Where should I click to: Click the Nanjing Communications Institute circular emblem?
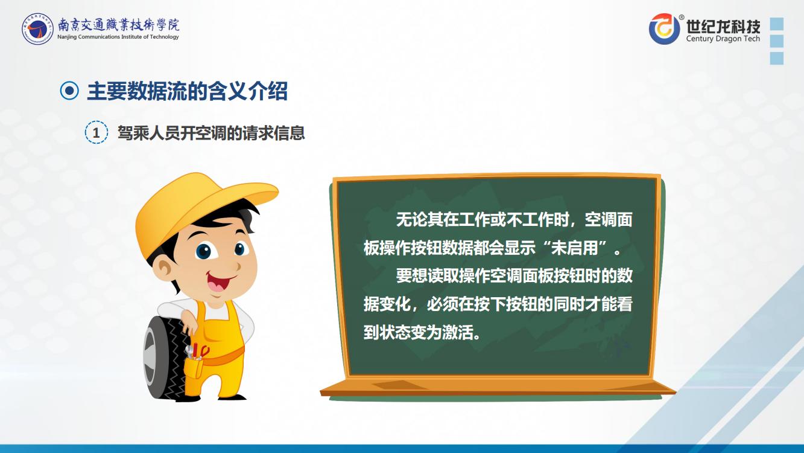[x=37, y=29]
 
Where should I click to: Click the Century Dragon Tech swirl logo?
[x=664, y=29]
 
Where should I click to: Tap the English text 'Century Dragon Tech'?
[x=723, y=39]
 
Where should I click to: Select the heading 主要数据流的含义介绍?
[x=187, y=91]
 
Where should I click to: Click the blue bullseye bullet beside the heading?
[x=69, y=91]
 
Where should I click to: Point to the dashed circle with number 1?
[x=96, y=132]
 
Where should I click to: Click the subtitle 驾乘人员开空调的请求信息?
[x=211, y=133]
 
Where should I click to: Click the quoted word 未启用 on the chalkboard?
[x=574, y=248]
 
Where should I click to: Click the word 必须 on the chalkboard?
[x=442, y=304]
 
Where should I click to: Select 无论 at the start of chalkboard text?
[x=411, y=219]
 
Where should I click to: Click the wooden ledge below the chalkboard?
[x=498, y=388]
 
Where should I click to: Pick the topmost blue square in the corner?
[x=777, y=24]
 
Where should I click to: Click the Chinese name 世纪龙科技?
[x=723, y=26]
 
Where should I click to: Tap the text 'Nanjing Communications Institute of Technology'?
[x=118, y=37]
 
